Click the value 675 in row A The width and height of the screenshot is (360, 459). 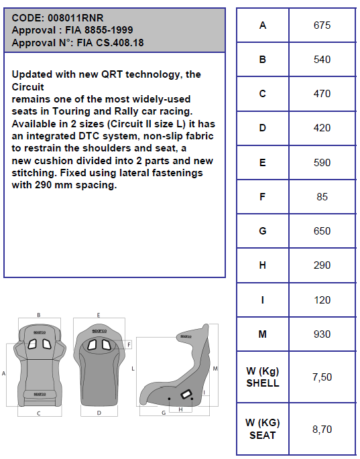[322, 25]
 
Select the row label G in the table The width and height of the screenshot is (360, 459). [262, 231]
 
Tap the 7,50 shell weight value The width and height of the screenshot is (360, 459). [322, 377]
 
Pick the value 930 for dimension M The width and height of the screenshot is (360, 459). [322, 334]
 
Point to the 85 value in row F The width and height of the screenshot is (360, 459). [322, 197]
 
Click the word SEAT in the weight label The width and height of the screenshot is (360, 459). [262, 436]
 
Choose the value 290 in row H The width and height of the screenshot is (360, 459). [322, 265]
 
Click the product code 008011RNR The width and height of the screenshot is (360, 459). [76, 18]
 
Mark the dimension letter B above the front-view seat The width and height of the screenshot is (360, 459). [39, 316]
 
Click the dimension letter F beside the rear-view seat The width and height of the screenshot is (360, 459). [129, 345]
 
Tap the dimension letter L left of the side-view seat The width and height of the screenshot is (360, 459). [133, 369]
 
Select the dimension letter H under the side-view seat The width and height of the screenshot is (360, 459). [180, 409]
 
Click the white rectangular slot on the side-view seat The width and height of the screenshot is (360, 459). [186, 394]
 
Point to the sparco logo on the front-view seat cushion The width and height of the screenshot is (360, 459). [40, 394]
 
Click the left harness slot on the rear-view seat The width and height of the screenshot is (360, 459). [93, 345]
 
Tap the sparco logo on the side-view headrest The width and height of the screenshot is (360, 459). [186, 336]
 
